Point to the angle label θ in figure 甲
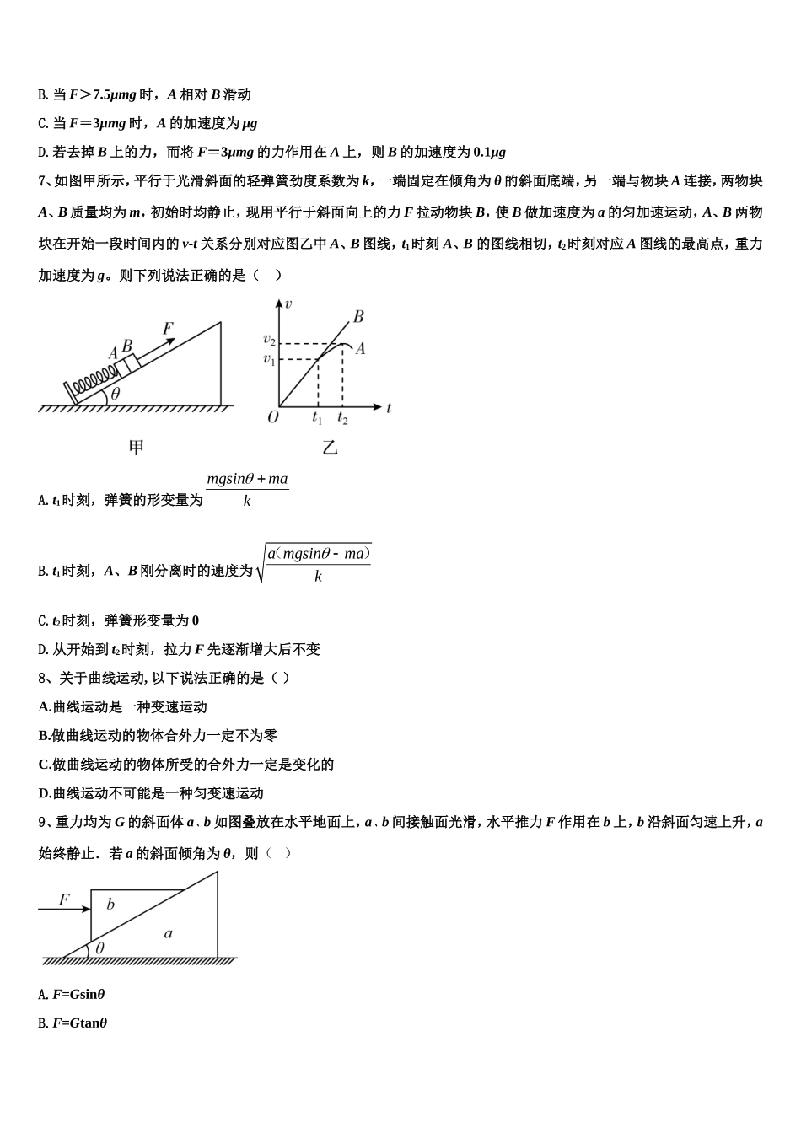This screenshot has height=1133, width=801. (116, 393)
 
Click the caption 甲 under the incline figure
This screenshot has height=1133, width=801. (136, 448)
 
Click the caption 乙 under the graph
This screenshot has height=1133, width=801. (330, 448)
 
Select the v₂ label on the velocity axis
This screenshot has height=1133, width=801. (269, 340)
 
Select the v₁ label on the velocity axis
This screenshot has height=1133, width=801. (269, 360)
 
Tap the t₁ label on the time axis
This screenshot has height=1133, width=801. (317, 418)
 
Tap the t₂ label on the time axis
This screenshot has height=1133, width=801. (342, 418)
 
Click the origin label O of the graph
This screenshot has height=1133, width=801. (272, 417)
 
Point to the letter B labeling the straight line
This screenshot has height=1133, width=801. (358, 317)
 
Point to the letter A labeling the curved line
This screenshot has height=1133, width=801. (360, 348)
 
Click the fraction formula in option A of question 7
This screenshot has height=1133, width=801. (247, 490)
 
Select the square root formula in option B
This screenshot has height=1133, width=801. (314, 564)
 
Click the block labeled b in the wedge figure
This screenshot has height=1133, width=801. (111, 905)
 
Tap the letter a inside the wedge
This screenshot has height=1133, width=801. (169, 933)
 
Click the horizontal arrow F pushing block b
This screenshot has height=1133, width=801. (64, 909)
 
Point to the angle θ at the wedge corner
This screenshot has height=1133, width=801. (99, 948)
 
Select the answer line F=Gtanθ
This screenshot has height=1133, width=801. (79, 1023)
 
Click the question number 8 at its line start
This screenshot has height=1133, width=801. (42, 678)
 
